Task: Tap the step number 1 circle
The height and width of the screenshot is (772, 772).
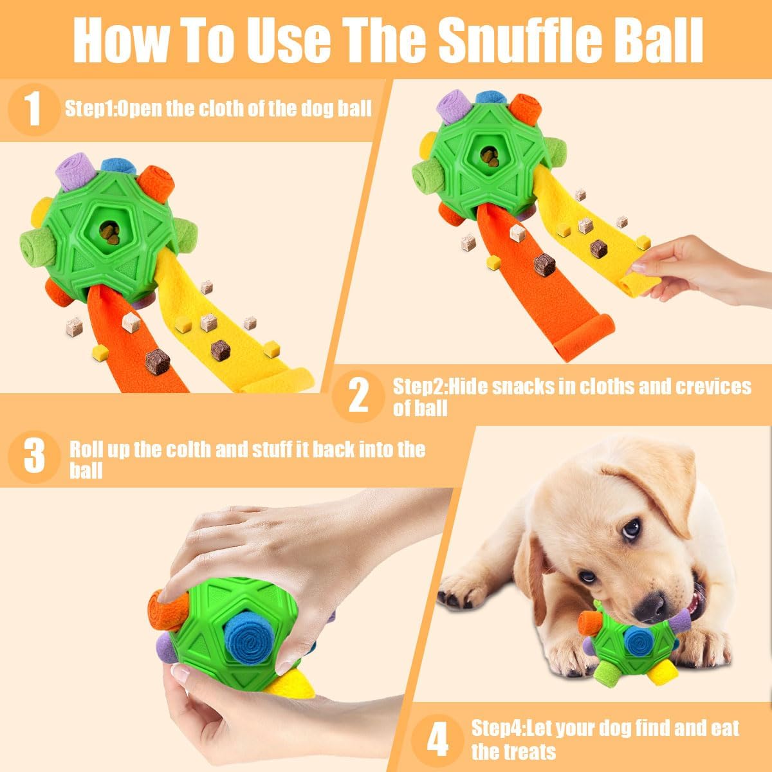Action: (34, 109)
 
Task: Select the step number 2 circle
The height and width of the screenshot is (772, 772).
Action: (358, 396)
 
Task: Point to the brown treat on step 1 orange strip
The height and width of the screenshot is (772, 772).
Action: (157, 362)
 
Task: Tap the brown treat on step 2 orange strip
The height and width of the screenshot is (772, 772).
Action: (544, 264)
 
